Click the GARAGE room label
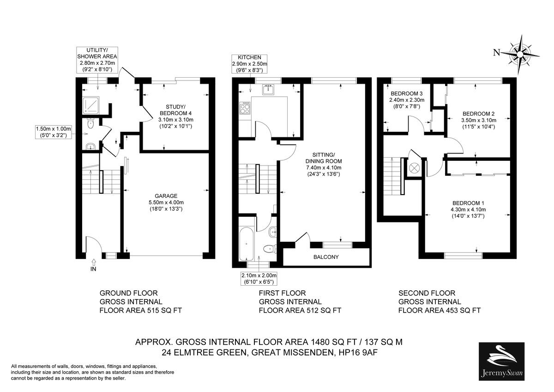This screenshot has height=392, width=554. (x=166, y=196)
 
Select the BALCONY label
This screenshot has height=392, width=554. (x=326, y=257)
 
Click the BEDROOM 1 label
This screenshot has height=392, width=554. (x=468, y=203)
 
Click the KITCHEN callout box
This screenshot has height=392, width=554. (x=250, y=64)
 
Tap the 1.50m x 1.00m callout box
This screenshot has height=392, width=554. (x=54, y=132)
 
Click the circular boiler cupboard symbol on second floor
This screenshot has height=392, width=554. (x=414, y=168)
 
